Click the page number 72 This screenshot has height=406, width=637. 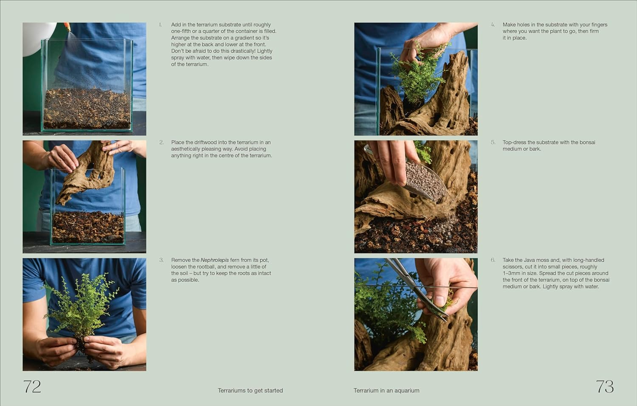(32, 386)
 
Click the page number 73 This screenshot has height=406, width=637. (604, 386)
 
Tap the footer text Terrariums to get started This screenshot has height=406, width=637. (250, 390)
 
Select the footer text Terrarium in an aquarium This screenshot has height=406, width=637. (386, 390)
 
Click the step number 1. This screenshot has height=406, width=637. (161, 25)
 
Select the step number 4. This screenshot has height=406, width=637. (493, 25)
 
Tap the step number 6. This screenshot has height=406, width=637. (493, 260)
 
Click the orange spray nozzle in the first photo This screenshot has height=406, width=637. (67, 26)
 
